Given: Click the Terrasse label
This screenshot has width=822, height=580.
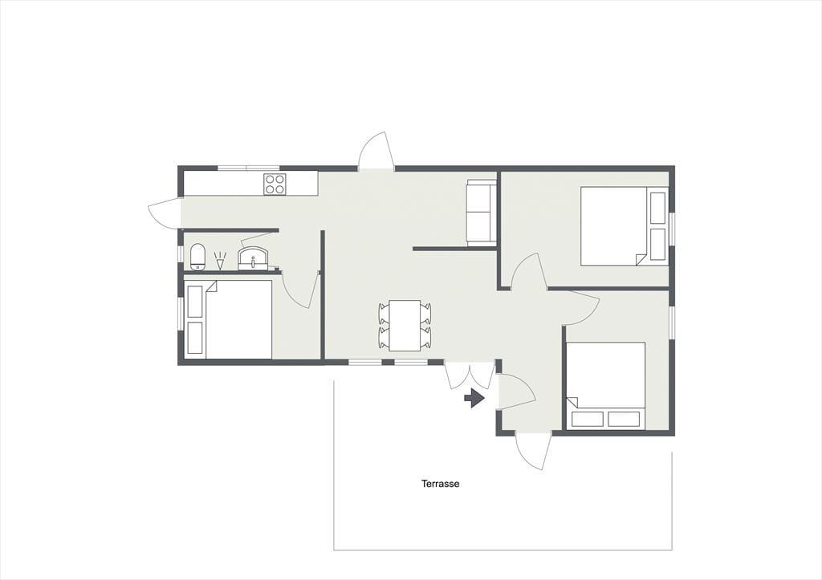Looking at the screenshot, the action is tap(441, 484).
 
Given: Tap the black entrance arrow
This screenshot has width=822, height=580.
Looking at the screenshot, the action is tap(474, 398).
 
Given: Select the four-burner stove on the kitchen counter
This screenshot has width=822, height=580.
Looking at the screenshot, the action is tap(275, 184).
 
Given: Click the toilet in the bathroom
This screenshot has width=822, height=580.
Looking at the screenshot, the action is tap(197, 258).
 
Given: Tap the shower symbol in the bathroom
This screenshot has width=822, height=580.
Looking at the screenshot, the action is tap(220, 261).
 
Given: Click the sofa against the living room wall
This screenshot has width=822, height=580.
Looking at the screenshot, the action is tap(482, 213).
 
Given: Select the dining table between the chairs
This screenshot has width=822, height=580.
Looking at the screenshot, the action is tap(405, 326).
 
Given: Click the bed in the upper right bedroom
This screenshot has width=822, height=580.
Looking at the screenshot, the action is tap(624, 225).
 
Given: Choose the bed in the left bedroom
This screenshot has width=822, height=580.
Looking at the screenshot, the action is tap(229, 319).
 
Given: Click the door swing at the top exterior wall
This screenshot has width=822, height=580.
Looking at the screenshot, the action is tap(376, 150).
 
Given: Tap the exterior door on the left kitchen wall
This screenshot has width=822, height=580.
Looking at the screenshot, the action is tap(165, 212).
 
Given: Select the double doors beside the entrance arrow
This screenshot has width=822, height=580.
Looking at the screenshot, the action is tap(470, 375).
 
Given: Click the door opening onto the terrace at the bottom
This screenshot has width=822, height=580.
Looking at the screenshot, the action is tap(533, 451).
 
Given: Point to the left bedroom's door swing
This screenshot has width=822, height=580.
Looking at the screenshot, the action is tap(300, 290).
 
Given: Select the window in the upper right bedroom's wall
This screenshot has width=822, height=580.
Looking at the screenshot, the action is tap(672, 227).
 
